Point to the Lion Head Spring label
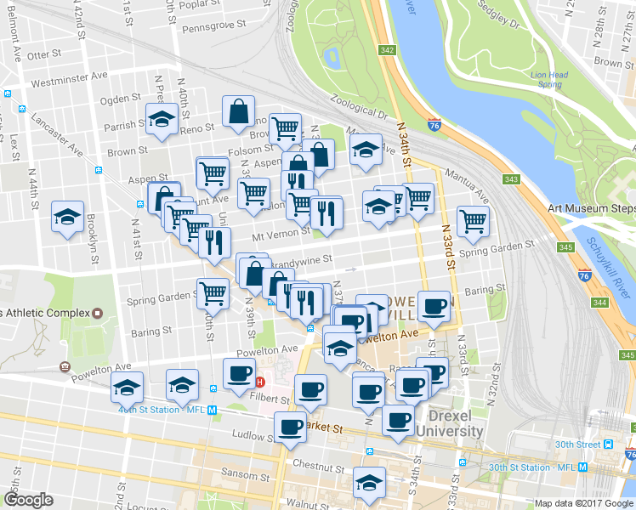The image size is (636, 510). (549, 80)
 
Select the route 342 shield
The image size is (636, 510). (388, 51)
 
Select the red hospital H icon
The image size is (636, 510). (259, 382)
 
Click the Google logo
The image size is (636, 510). (28, 500)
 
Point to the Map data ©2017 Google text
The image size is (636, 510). (583, 503)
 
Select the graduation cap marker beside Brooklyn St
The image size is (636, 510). (67, 217)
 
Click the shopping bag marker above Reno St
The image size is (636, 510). (239, 111)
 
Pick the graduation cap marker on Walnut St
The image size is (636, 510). (369, 484)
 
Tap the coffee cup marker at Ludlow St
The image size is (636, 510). (291, 428)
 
